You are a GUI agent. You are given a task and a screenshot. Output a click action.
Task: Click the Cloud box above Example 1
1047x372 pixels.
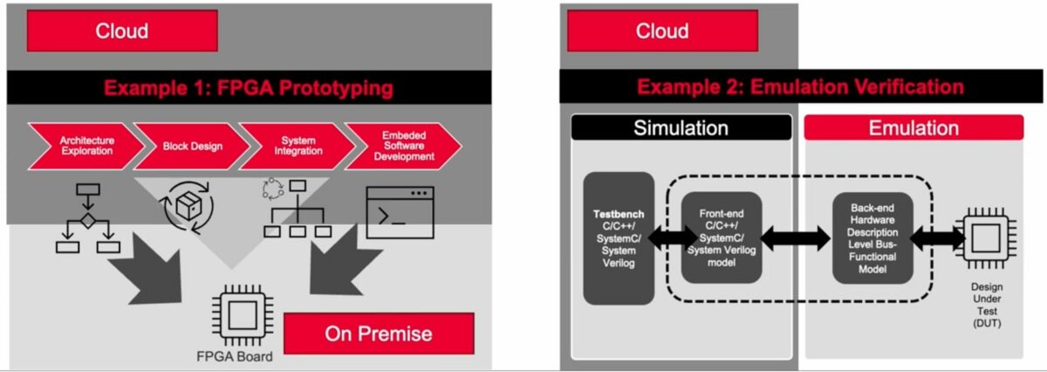pyautogui.click(x=122, y=32)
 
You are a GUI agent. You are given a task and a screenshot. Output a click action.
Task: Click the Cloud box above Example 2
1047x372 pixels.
pyautogui.click(x=661, y=32)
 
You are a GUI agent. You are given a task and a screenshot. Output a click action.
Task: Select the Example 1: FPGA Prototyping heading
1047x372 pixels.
pyautogui.click(x=249, y=88)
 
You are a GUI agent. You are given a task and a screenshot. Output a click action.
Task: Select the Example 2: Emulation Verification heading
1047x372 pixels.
pyautogui.click(x=800, y=87)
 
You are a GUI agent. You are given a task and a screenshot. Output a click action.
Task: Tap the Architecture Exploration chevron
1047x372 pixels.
pyautogui.click(x=86, y=146)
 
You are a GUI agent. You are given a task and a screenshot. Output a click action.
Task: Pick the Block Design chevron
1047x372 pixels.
pyautogui.click(x=190, y=146)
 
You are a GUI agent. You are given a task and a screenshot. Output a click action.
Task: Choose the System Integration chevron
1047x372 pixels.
pyautogui.click(x=292, y=146)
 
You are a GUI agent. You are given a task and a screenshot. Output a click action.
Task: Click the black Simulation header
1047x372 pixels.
pyautogui.click(x=681, y=128)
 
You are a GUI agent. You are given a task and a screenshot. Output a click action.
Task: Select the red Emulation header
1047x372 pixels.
pyautogui.click(x=913, y=128)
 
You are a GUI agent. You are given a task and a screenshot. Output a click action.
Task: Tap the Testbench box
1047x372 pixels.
pyautogui.click(x=619, y=238)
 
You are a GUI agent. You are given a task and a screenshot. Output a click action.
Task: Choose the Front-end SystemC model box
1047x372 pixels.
pyautogui.click(x=721, y=238)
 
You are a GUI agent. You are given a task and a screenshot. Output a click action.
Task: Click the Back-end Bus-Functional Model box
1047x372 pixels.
pyautogui.click(x=872, y=238)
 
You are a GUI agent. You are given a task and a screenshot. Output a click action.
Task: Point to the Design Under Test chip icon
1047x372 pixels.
pyautogui.click(x=986, y=238)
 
